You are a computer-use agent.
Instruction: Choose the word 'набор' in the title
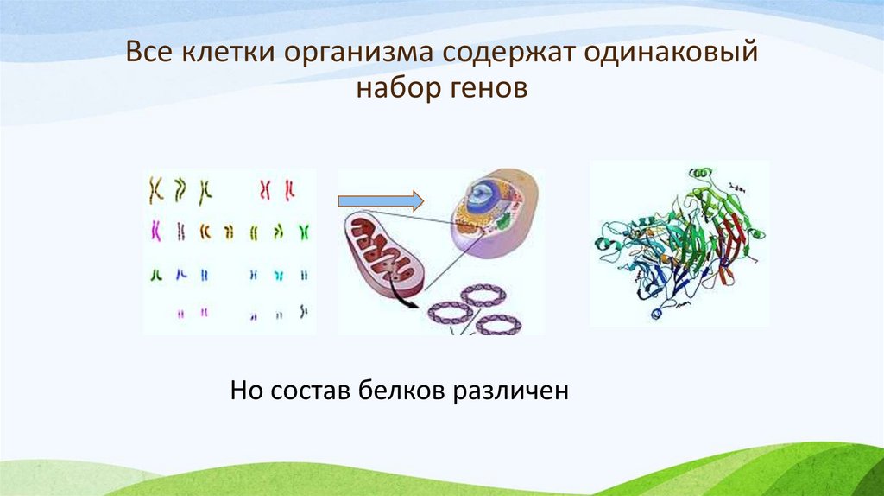pos(393,88)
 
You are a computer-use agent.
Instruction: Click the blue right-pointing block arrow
pos(380,201)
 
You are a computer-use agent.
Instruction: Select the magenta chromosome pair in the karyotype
pos(156,230)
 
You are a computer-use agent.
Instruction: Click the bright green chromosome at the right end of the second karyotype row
pos(304,231)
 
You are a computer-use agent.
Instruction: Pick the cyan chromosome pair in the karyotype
pos(278,274)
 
